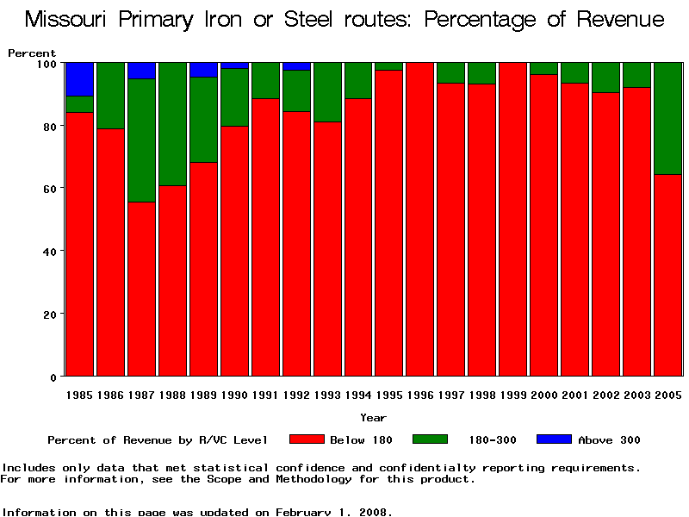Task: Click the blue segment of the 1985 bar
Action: pos(80,78)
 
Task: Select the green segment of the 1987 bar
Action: pos(142,140)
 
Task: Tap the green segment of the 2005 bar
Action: pos(668,118)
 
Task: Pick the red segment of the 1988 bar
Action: pos(173,281)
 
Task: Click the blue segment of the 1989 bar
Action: pos(204,70)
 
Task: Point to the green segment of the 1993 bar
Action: pos(328,92)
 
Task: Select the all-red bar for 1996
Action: pos(420,220)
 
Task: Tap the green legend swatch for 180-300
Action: pos(430,439)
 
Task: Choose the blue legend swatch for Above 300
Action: pos(554,439)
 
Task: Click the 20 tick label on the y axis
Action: pos(49,315)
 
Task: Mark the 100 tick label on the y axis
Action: pos(46,64)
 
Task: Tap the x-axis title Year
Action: pos(373,418)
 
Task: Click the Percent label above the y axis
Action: pos(32,53)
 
